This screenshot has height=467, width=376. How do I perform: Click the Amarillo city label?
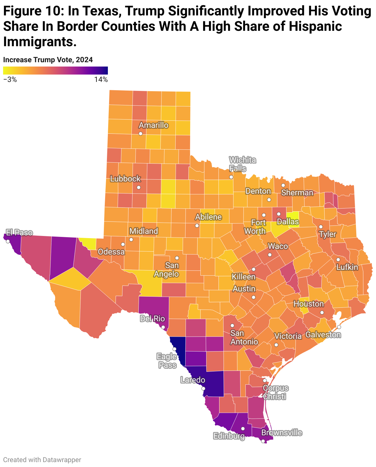click(x=153, y=125)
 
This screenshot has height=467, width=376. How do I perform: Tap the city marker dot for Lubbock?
click(x=139, y=187)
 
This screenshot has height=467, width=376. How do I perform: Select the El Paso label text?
click(x=19, y=233)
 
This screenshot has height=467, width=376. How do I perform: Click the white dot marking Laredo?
click(x=203, y=388)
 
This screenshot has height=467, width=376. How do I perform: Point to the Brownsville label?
click(x=282, y=433)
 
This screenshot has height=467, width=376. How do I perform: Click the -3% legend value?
click(x=10, y=79)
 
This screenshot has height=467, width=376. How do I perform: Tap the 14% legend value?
click(x=101, y=79)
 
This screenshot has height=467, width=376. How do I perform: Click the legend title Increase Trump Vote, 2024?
click(x=48, y=60)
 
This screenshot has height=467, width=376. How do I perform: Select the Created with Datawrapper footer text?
click(x=42, y=460)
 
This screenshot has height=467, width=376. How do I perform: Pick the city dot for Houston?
click(x=322, y=312)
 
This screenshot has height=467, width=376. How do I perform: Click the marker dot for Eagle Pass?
click(x=174, y=349)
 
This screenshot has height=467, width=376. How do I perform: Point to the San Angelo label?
click(x=166, y=270)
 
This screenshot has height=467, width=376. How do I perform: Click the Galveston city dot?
click(x=339, y=327)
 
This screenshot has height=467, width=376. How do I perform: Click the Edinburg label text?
click(x=229, y=436)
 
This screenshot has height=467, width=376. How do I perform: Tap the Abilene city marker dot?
click(x=197, y=225)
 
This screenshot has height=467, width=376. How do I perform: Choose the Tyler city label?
click(x=328, y=234)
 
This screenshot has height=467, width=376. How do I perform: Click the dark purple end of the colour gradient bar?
click(x=105, y=71)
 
